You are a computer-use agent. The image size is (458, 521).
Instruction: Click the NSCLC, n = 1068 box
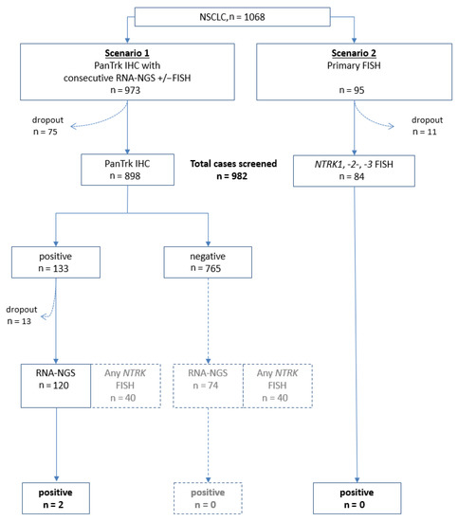coord(232,17)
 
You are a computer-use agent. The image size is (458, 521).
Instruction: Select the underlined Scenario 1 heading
coord(127,53)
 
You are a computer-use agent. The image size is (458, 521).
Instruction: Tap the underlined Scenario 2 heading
coord(354,53)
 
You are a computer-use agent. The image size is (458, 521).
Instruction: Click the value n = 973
coord(125,90)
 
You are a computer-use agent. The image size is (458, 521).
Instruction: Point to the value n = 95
coord(352,90)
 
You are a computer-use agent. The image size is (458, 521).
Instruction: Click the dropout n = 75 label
coord(47,126)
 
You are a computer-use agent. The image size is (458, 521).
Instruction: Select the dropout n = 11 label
coord(427,126)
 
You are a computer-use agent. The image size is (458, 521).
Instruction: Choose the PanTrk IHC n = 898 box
coord(127,170)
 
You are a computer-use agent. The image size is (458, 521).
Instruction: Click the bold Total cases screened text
coord(233,164)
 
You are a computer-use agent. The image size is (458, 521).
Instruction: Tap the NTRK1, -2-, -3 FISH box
coord(354,171)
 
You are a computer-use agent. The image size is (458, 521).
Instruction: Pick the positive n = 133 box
coord(56,262)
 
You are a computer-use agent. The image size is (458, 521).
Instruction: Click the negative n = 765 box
coord(208,262)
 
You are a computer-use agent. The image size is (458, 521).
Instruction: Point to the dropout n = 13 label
coord(21,315)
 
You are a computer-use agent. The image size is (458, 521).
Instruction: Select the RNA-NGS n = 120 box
coord(56,386)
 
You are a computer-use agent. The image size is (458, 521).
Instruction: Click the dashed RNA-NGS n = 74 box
coord(209,386)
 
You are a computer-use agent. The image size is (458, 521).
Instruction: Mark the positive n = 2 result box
coord(56,498)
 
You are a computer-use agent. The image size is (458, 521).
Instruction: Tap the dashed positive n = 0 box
coord(208,498)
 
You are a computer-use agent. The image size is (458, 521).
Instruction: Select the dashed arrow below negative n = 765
coord(209,321)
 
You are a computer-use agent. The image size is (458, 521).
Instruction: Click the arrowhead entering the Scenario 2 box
coord(354,41)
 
